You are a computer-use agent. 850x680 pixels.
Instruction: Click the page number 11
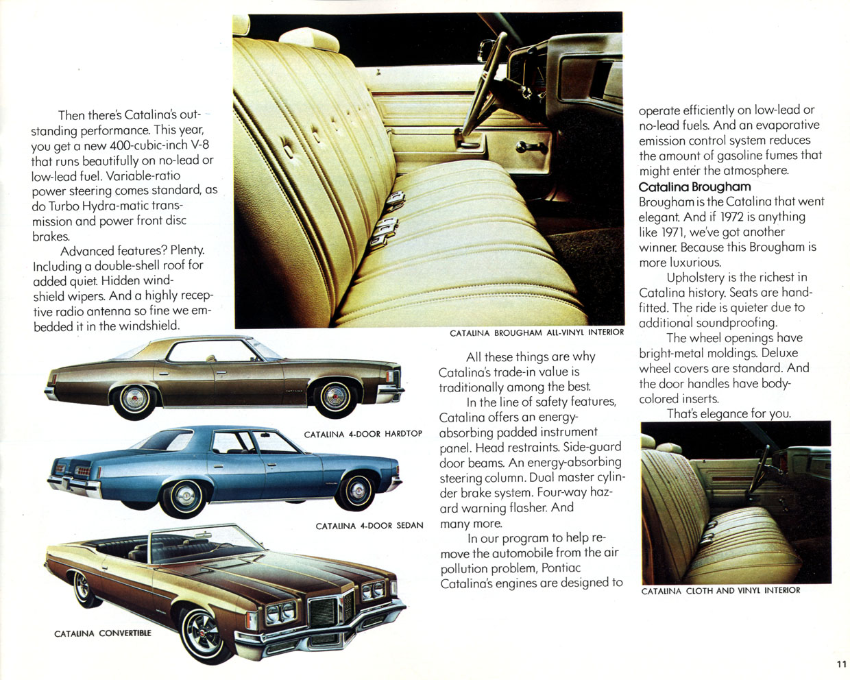[841, 664]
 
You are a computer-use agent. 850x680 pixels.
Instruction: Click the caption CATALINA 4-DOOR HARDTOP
[363, 434]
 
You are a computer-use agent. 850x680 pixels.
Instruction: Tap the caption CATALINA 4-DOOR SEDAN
[369, 526]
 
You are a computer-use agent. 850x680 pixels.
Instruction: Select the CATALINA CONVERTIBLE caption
[103, 633]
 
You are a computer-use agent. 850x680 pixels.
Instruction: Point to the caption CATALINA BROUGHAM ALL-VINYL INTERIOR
[536, 333]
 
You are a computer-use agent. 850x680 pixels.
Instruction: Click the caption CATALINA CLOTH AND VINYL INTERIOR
[720, 590]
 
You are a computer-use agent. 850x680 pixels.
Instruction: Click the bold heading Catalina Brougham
[694, 187]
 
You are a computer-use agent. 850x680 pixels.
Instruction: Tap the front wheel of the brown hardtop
[335, 397]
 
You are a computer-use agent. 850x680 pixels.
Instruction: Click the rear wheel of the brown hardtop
[134, 398]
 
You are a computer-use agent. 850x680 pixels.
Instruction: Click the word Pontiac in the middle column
[561, 568]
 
